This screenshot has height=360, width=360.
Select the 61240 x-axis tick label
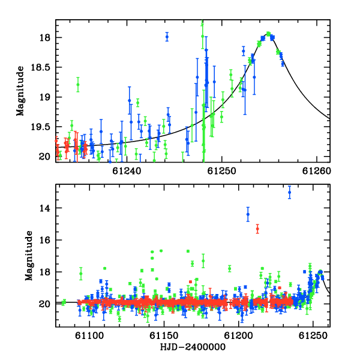pyautogui.click(x=127, y=171)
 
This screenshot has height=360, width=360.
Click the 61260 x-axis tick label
pyautogui.click(x=316, y=171)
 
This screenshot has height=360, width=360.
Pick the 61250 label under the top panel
pyautogui.click(x=221, y=171)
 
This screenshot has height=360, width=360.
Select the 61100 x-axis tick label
pyautogui.click(x=89, y=336)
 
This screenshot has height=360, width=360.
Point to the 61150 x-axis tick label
pyautogui.click(x=164, y=336)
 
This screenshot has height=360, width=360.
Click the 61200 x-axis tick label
pyautogui.click(x=238, y=336)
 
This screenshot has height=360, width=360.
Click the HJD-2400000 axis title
pyautogui.click(x=193, y=347)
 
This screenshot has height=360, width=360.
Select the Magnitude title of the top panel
pyautogui.click(x=20, y=91)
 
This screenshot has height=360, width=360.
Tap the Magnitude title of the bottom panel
pyautogui.click(x=29, y=256)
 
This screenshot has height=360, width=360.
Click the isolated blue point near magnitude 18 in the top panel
pyautogui.click(x=167, y=37)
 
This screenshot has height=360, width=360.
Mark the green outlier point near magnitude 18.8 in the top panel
pyautogui.click(x=78, y=85)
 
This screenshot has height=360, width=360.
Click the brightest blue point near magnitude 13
pyautogui.click(x=290, y=192)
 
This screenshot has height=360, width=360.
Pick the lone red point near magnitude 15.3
pyautogui.click(x=257, y=229)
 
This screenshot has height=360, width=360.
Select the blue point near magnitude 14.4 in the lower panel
pyautogui.click(x=248, y=214)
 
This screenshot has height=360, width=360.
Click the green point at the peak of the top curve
pyautogui.click(x=268, y=34)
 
